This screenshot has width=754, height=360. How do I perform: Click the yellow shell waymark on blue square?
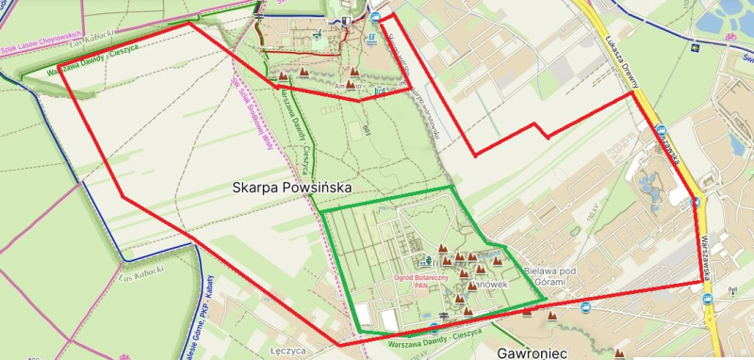coord(694,42)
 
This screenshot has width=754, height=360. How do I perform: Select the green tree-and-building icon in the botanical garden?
coord(426,260)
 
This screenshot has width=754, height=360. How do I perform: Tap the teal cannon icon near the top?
coord(319,35)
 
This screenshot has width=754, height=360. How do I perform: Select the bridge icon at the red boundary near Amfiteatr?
coord(380,90)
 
